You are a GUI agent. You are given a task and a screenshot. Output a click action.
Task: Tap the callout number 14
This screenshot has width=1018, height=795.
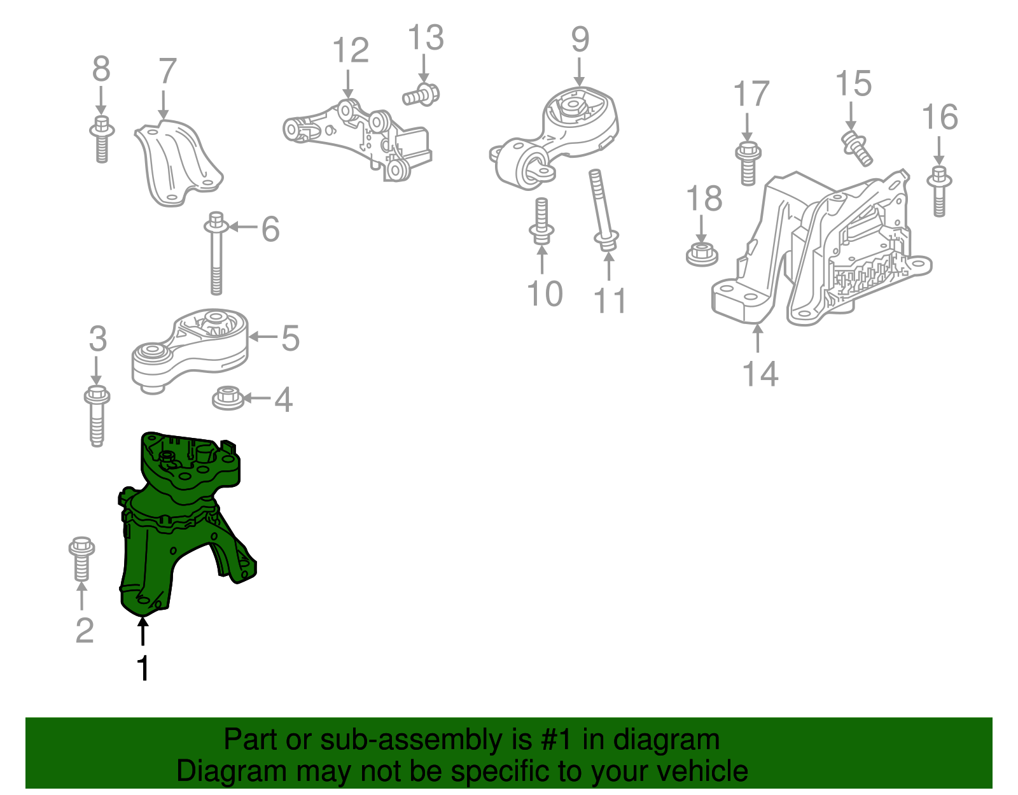coord(760,374)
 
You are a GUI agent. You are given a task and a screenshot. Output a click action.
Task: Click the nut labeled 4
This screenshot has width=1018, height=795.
coord(228,398)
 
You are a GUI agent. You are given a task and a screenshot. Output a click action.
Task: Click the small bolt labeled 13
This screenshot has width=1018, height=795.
coord(422,95)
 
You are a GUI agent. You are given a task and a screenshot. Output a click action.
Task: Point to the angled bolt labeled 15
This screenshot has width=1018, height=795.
coord(856,147)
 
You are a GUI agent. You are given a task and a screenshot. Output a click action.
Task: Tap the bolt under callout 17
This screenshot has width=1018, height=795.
coord(748,164)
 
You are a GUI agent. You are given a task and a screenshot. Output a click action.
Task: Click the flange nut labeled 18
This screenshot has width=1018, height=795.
coord(702,254)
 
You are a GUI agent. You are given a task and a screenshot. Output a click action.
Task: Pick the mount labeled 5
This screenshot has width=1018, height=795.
coord(191,347)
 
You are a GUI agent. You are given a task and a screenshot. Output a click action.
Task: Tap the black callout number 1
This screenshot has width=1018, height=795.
coord(143,668)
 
